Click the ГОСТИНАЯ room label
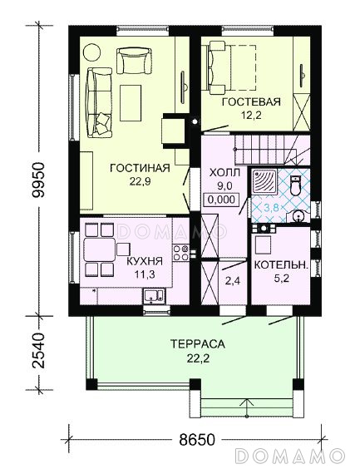140,168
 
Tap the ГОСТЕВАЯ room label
251,102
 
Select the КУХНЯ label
145,261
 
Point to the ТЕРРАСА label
198,344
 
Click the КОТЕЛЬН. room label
281,265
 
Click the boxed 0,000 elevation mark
221,200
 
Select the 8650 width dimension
197,440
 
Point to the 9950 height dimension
39,180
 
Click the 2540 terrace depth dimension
39,350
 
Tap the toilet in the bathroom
295,185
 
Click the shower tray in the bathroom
264,181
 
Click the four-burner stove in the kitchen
181,253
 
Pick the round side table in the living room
91,53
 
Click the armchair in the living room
134,61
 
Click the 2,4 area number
233,280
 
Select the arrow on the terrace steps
247,407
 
